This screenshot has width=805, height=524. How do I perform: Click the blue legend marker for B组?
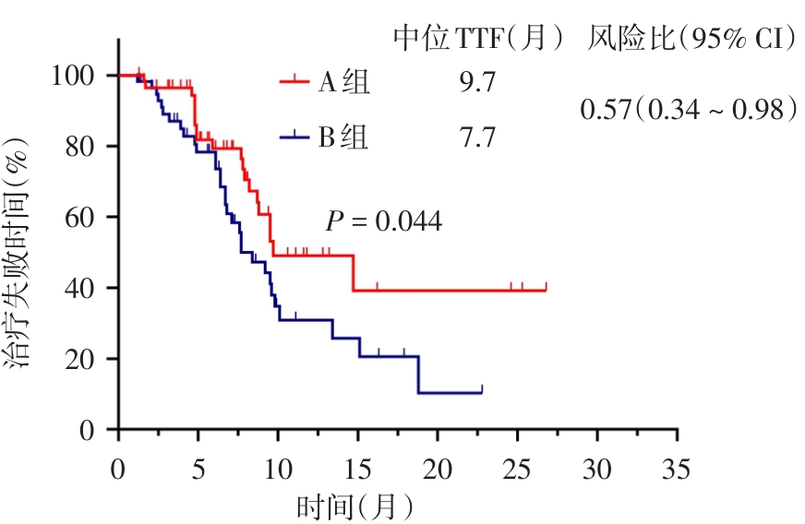pos(294,138)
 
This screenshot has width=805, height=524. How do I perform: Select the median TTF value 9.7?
pos(477,83)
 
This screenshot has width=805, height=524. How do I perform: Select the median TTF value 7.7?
pos(477,138)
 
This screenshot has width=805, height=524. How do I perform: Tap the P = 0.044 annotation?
pos(383,221)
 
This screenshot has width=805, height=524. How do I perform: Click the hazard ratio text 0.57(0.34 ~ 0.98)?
pos(688,110)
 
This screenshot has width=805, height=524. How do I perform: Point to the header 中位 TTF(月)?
pos(478,39)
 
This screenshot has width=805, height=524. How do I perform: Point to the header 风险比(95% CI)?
pos(692,39)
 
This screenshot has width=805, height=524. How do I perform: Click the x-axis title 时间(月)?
pos(354,506)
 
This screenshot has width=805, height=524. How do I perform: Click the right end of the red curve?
pos(546,290)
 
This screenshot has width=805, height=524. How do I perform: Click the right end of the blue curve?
pos(482,392)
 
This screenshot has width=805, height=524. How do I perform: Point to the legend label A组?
pos(344,83)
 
